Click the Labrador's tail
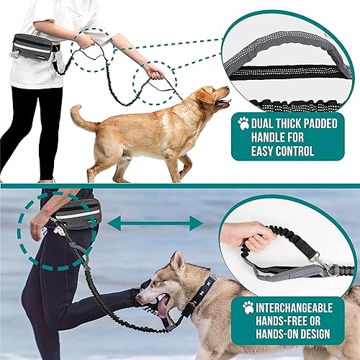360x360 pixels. [x=81, y=118]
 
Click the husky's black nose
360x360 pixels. [x=138, y=294]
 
